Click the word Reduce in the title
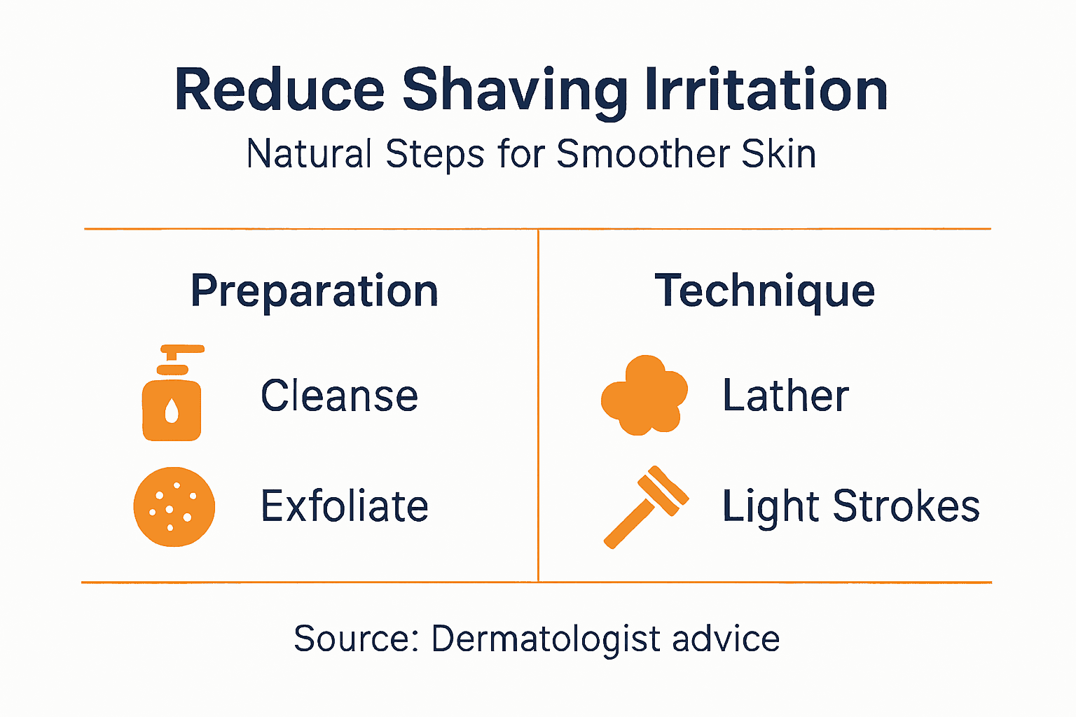279,90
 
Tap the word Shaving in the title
514,92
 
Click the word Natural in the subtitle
309,154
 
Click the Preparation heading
315,291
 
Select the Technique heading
764,291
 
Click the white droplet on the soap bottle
172,411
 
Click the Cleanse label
339,396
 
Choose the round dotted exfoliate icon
174,506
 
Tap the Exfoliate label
344,506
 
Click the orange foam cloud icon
644,396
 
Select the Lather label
785,396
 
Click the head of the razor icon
663,491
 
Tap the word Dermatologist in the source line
546,639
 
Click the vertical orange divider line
538,406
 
